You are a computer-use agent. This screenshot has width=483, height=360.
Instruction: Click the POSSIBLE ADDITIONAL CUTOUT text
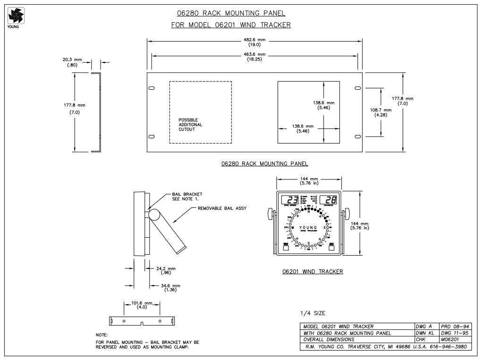pos(190,125)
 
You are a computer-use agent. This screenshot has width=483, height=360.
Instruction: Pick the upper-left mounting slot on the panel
pos(152,88)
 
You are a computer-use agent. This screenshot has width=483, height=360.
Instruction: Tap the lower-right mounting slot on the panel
pos(357,137)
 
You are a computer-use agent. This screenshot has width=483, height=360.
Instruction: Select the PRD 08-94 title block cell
pos(455,326)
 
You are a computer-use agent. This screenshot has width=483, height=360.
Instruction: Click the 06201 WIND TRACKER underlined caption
pos(312,272)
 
